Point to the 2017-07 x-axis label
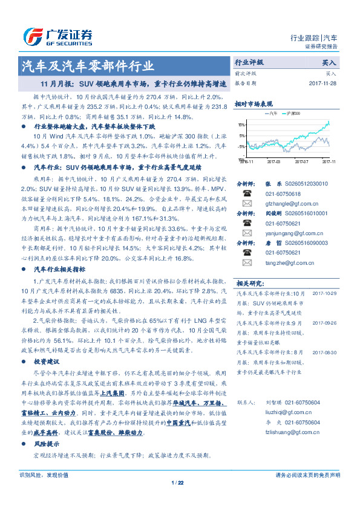[301, 162]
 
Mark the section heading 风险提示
[46, 444]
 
